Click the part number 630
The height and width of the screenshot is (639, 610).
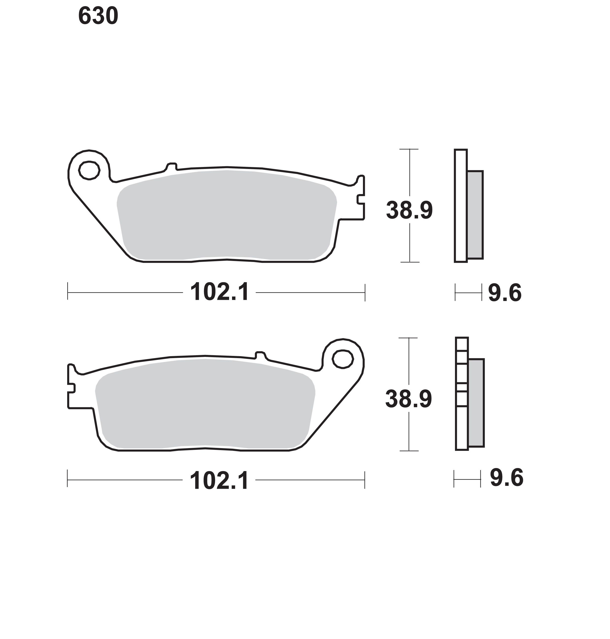point(98,16)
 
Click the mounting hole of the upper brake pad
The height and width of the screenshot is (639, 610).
point(89,170)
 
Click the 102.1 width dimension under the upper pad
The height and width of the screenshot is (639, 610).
point(219,292)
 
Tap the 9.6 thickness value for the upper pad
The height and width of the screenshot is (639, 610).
point(505,293)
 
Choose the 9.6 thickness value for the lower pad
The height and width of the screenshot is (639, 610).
point(507,478)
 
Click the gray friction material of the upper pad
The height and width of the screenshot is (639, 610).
point(227,215)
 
